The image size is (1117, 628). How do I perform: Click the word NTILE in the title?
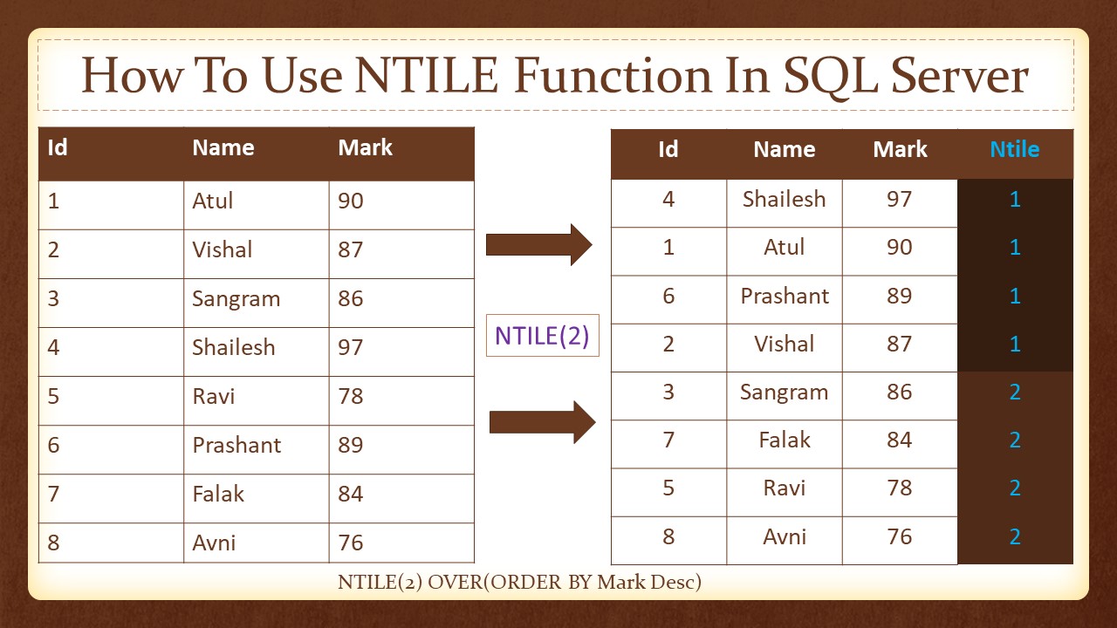427,75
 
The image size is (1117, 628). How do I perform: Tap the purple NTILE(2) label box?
543,336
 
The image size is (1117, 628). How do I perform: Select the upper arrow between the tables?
539,245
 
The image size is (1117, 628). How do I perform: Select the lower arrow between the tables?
543,422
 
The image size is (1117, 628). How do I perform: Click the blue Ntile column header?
1015,149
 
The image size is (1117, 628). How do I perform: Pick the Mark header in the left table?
365,147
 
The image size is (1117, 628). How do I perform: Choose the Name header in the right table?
785,149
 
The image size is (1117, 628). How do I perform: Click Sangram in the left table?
236,299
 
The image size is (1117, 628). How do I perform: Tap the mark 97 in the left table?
351,347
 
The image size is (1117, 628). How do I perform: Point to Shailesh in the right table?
785,199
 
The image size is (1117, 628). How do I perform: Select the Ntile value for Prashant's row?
1015,296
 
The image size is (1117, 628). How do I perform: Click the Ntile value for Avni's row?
1015,536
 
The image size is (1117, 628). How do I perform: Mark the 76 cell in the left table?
351,543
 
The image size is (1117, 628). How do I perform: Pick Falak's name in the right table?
785,440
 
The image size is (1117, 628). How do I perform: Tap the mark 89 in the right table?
899,296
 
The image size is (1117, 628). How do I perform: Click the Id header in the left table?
58,147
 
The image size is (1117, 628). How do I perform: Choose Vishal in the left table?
223,249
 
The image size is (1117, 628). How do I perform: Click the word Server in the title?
959,75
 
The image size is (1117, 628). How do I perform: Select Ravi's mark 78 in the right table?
899,488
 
